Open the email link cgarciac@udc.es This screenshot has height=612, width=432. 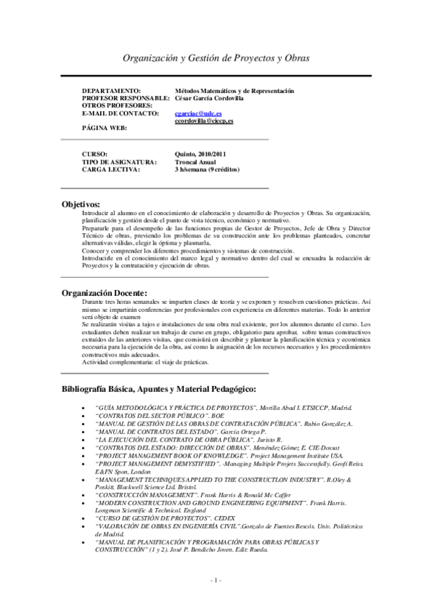click(188, 113)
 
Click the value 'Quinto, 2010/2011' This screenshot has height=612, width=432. click(200, 154)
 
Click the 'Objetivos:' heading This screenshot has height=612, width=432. click(81, 204)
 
